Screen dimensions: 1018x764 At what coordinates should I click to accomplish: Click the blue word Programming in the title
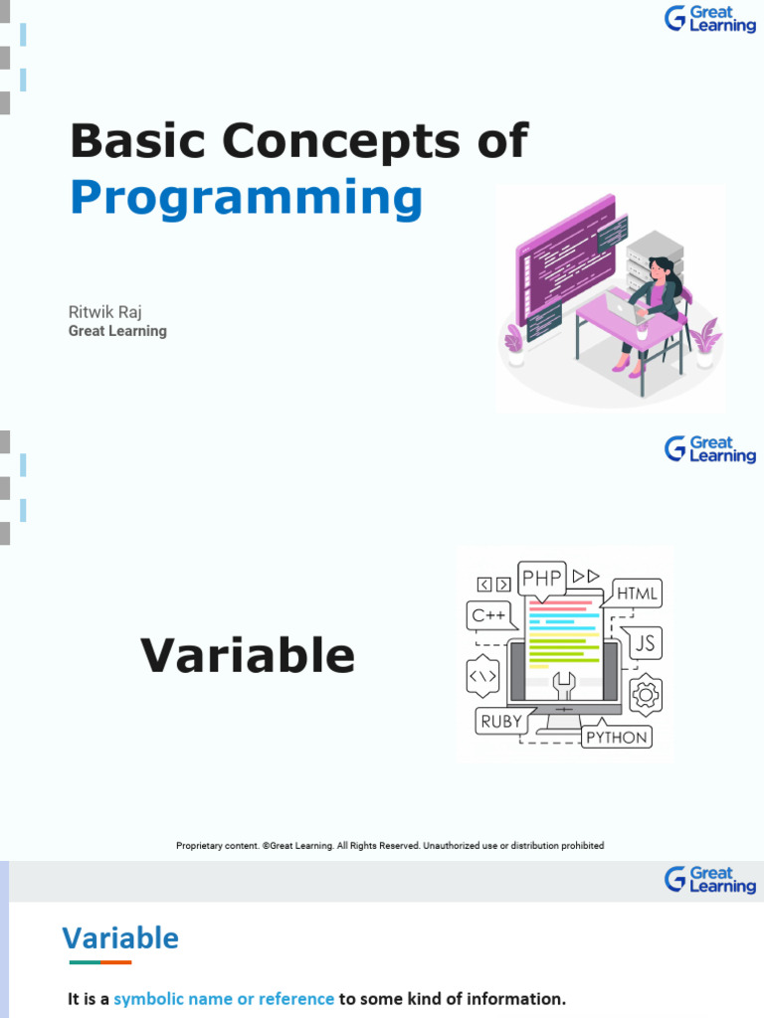click(246, 199)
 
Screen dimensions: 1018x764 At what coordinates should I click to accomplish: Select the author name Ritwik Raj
click(104, 312)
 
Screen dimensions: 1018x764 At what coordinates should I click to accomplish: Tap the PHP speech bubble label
click(542, 578)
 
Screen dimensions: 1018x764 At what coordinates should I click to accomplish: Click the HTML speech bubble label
click(637, 594)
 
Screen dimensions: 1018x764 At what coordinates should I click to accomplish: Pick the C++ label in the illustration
click(489, 615)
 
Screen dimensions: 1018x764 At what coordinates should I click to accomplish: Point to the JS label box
click(645, 644)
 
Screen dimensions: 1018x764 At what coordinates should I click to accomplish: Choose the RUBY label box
click(501, 722)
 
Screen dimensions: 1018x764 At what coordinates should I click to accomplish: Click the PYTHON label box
click(617, 737)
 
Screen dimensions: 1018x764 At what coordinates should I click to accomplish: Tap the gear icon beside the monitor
click(646, 694)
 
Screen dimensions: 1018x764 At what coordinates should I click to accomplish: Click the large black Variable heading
click(248, 656)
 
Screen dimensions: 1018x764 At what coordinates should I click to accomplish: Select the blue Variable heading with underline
click(120, 938)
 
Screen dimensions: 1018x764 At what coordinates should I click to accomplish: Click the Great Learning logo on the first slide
click(710, 18)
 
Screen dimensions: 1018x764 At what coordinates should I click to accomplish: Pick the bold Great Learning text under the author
click(117, 331)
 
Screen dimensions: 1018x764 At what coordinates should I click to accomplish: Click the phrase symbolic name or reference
click(224, 998)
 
